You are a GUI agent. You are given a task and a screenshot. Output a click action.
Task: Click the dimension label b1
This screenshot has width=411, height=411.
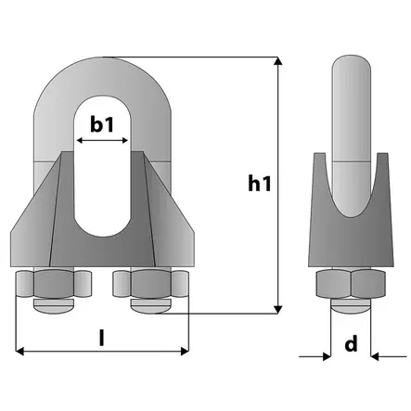click(x=101, y=123)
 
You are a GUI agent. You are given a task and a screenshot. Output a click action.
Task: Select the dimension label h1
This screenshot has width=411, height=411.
click(x=260, y=184)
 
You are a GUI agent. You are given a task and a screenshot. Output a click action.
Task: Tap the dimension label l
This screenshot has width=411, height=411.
click(x=101, y=336)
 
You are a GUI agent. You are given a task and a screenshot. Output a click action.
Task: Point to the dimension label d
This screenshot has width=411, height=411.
click(x=351, y=344)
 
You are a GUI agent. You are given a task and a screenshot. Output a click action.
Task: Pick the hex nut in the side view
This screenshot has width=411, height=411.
click(x=350, y=284)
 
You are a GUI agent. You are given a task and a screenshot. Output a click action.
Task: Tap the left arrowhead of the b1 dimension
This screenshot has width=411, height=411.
click(x=79, y=141)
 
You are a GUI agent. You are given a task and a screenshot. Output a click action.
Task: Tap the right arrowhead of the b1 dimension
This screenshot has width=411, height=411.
click(x=125, y=141)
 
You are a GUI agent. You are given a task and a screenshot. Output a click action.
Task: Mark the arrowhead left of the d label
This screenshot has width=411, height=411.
click(x=327, y=354)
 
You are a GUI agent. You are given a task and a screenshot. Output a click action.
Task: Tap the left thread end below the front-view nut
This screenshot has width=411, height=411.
click(x=57, y=303)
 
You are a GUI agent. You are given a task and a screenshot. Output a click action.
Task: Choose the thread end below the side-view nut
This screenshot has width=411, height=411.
click(x=350, y=304)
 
